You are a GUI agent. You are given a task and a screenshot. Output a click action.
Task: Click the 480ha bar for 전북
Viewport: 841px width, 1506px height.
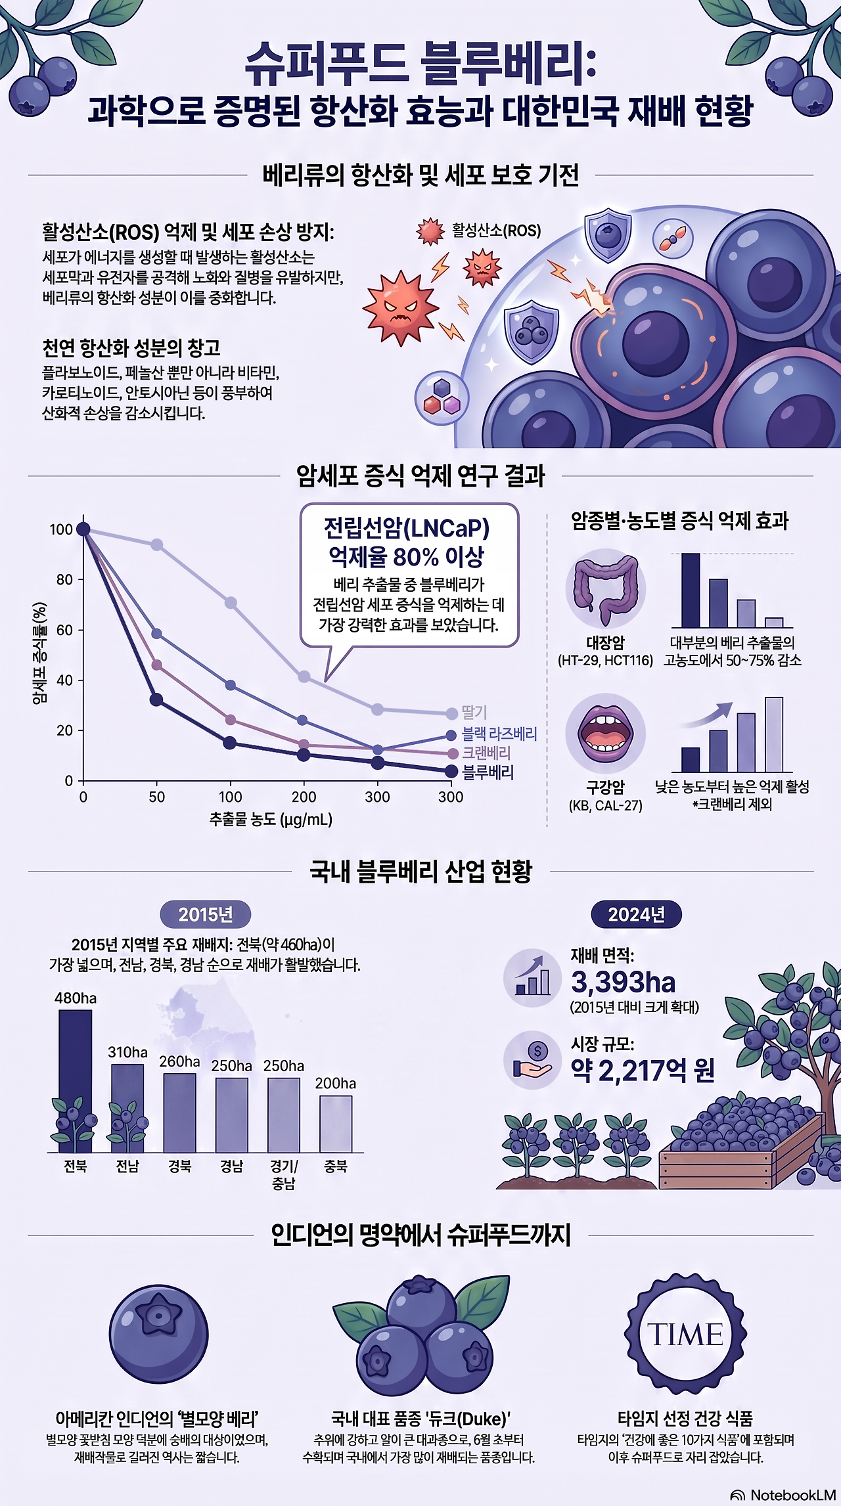(x=76, y=1081)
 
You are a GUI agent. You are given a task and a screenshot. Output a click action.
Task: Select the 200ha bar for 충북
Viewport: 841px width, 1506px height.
(x=336, y=1124)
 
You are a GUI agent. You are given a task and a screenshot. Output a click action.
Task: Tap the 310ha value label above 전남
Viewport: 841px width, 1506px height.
(x=127, y=1052)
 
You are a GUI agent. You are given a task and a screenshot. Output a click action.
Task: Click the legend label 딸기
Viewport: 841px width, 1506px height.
(x=474, y=713)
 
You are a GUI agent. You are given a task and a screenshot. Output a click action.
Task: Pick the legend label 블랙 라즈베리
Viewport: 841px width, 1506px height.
(x=499, y=734)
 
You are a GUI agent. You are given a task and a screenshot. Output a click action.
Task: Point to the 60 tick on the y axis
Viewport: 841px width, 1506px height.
(x=64, y=630)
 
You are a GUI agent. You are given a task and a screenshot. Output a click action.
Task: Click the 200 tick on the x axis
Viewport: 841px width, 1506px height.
(x=304, y=797)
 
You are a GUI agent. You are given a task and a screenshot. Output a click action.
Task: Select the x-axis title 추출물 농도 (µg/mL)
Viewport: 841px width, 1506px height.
(x=271, y=819)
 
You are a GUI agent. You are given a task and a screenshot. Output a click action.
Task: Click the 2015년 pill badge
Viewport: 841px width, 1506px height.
(x=206, y=914)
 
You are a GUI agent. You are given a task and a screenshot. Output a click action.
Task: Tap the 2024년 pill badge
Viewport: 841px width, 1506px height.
(x=636, y=914)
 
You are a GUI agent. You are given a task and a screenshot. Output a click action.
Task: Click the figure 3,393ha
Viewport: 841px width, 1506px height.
(x=623, y=983)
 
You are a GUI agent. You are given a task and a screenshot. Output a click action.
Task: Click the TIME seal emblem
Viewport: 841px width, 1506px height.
(x=685, y=1334)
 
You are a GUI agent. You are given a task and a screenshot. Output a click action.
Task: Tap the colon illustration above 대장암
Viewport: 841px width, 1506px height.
(x=606, y=588)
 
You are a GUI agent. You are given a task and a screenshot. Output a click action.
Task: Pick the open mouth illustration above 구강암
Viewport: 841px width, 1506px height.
(x=605, y=733)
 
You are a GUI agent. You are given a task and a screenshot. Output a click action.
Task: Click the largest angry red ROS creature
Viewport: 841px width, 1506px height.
(x=400, y=307)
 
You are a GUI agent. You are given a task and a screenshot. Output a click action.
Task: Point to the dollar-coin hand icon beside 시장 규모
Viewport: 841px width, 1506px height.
(x=533, y=1061)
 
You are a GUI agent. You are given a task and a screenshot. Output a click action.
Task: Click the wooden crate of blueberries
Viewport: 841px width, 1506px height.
(x=741, y=1145)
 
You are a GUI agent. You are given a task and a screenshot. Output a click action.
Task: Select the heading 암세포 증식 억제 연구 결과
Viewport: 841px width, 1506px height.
(x=420, y=476)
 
